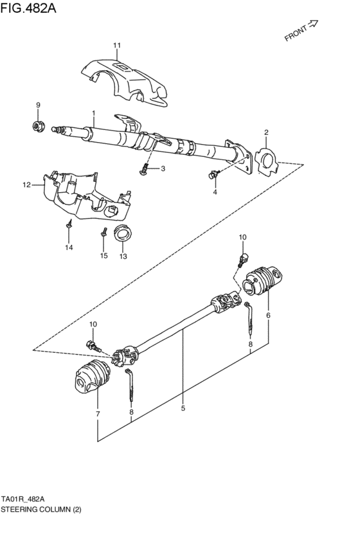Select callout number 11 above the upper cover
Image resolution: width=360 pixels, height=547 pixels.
click(x=117, y=45)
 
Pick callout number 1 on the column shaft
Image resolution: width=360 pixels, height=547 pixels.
click(x=94, y=114)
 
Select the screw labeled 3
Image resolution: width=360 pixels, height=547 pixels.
click(x=145, y=169)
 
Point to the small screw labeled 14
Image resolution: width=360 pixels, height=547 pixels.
click(x=68, y=224)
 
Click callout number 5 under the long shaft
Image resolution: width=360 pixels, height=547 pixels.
click(x=183, y=408)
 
